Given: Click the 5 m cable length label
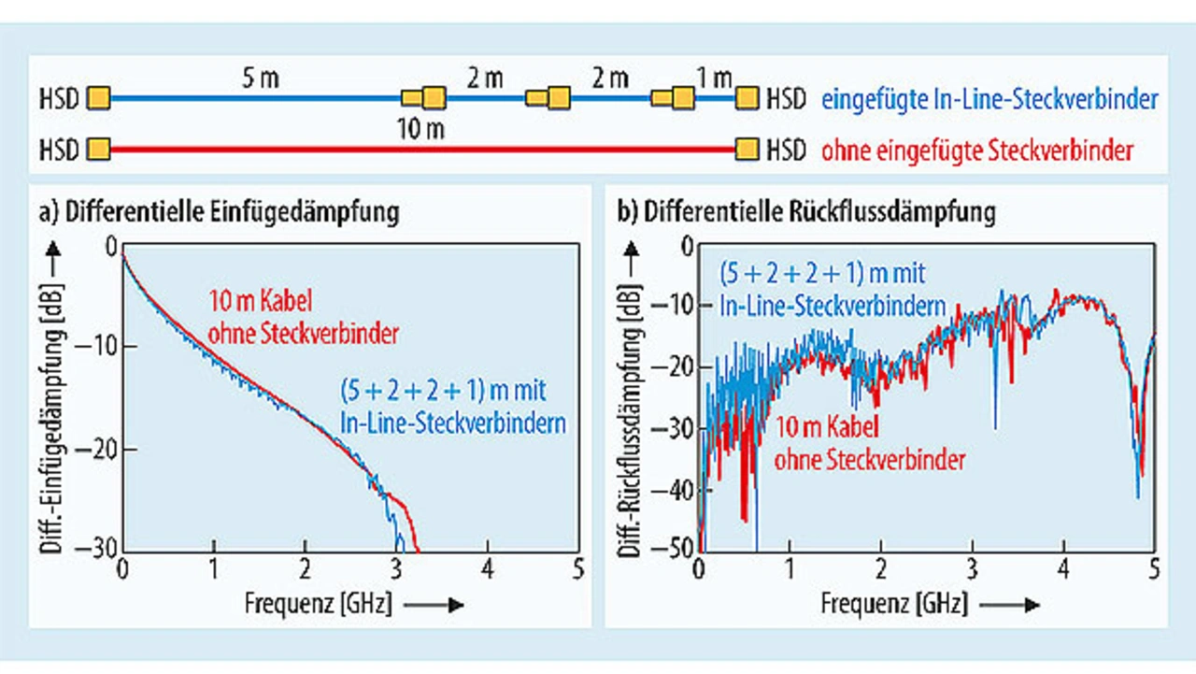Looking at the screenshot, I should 261,79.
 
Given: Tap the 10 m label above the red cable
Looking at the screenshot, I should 421,129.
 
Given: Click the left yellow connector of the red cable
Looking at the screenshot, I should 99,149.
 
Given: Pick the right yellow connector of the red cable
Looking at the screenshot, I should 747,149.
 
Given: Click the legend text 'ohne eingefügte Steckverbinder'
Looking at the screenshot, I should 976,150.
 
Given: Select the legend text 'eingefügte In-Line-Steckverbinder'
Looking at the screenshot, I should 989,99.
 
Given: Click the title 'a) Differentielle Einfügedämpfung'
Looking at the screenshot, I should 220,212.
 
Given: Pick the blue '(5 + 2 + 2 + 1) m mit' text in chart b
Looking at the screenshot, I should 823,274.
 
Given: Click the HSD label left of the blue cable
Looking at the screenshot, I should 60,98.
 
